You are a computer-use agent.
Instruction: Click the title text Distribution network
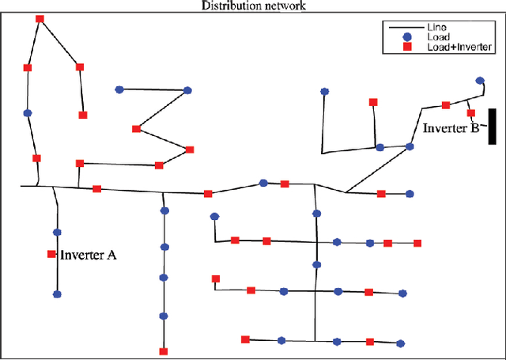click(253, 6)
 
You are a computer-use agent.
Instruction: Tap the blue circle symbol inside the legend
click(406, 37)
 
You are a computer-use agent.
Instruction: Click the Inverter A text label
click(89, 255)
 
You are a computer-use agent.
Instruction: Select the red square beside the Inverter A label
click(51, 254)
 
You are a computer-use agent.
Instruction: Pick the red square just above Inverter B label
click(471, 113)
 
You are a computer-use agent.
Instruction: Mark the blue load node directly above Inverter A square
click(56, 232)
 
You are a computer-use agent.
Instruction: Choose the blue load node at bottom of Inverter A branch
click(56, 294)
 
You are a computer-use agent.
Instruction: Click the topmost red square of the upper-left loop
click(40, 19)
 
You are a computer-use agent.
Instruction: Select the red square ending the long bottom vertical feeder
click(164, 351)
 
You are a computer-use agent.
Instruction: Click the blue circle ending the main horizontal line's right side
click(409, 193)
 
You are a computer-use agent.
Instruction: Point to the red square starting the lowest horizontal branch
click(245, 339)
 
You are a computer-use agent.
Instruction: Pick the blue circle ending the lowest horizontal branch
click(400, 343)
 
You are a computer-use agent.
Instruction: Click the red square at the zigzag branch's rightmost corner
click(189, 148)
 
